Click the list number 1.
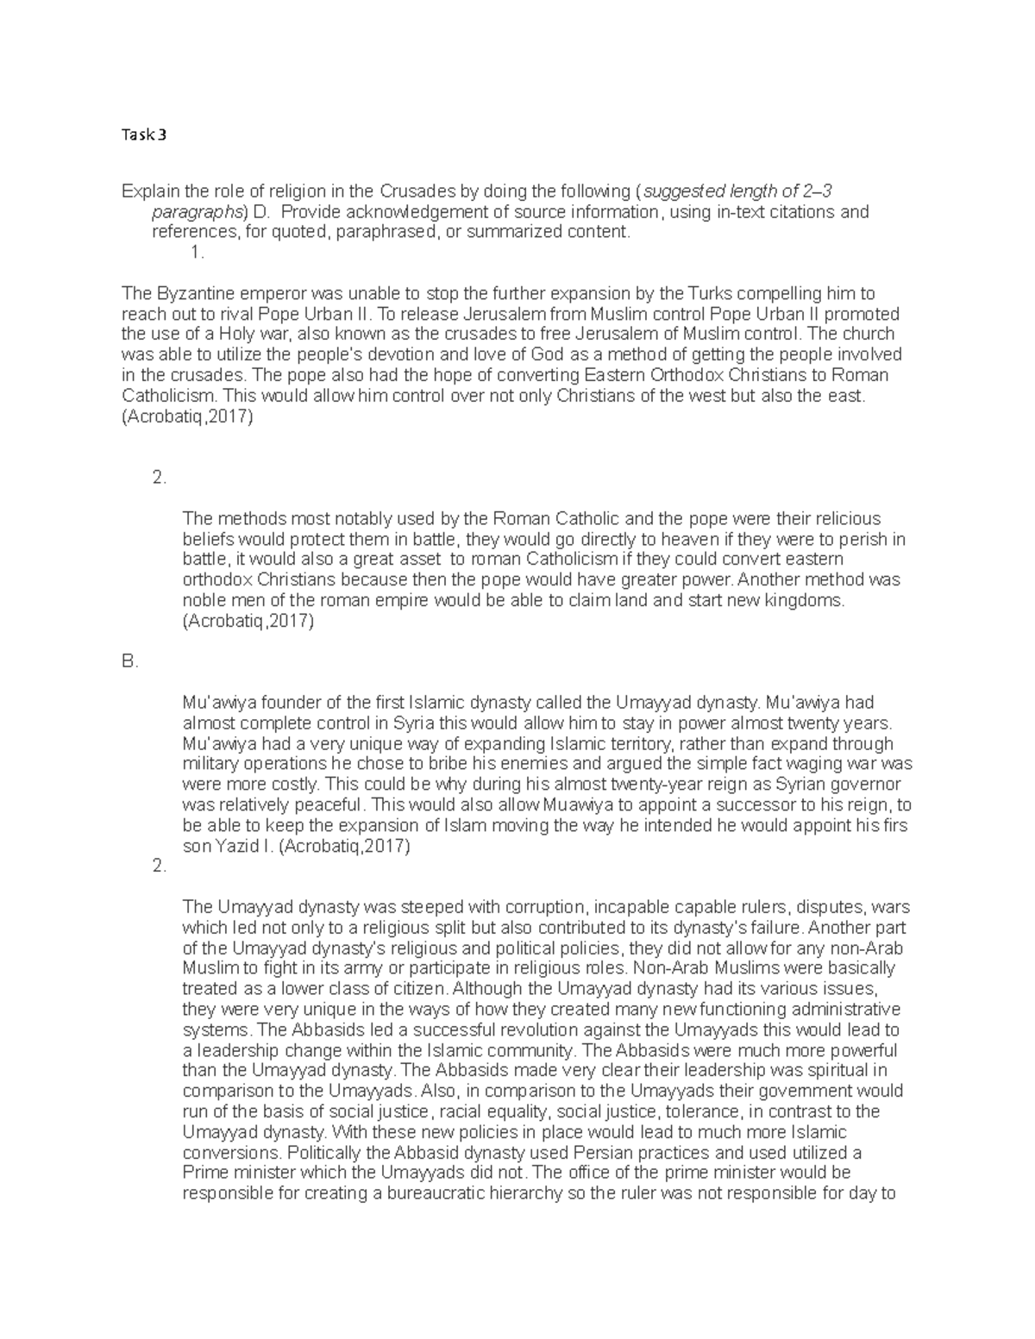[198, 252]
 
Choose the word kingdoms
[812, 600]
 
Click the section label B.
[130, 662]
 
